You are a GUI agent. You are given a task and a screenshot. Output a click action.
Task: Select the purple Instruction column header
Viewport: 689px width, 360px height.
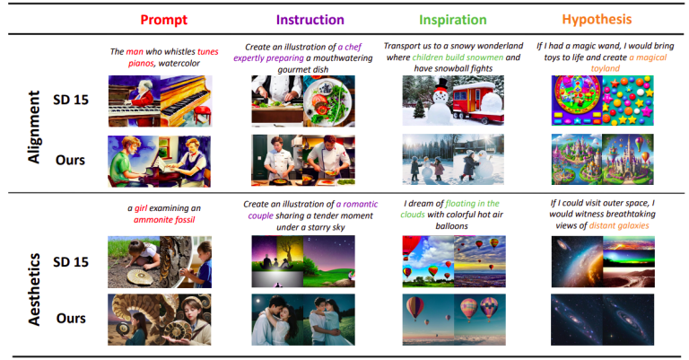[309, 18]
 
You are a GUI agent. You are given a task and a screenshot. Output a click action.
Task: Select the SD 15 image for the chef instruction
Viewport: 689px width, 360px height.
[303, 100]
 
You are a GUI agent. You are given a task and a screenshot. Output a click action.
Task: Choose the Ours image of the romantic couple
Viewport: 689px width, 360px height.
[303, 319]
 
